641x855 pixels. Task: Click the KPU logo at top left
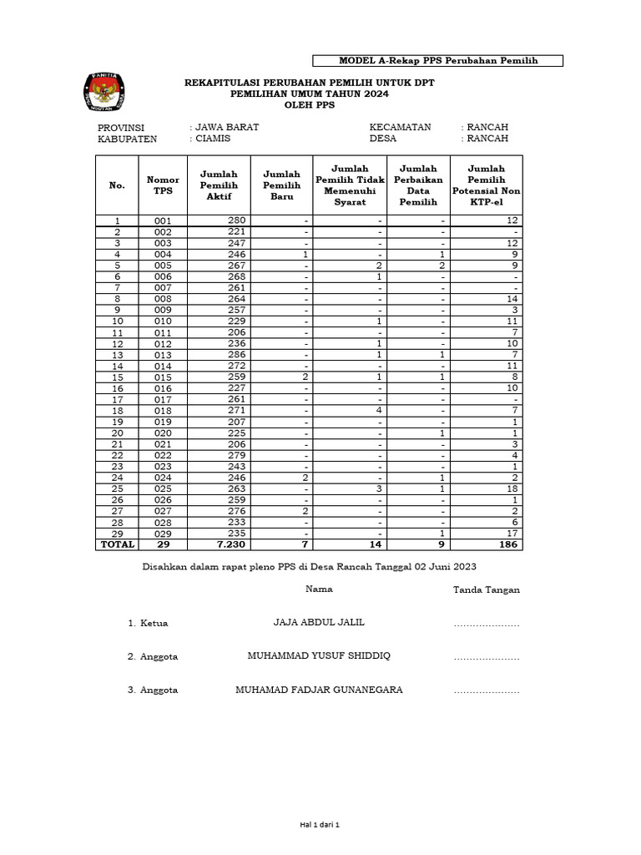pyautogui.click(x=104, y=93)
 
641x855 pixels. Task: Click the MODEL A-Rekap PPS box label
pyautogui.click(x=437, y=61)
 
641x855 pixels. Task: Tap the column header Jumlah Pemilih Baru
pyautogui.click(x=281, y=185)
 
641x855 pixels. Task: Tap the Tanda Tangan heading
pyautogui.click(x=486, y=589)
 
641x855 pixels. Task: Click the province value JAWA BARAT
pyautogui.click(x=226, y=127)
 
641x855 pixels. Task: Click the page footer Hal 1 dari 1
pyautogui.click(x=320, y=825)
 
